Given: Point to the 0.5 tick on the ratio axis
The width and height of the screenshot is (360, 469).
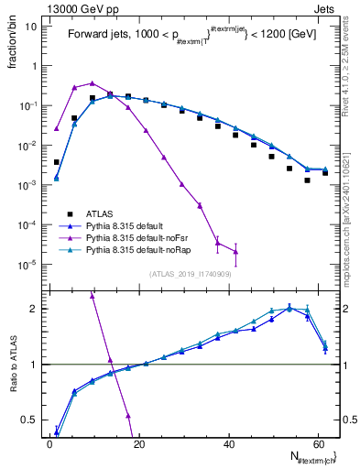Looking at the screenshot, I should coord(34,420).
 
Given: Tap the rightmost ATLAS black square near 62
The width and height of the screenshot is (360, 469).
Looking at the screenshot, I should coord(325,172).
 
